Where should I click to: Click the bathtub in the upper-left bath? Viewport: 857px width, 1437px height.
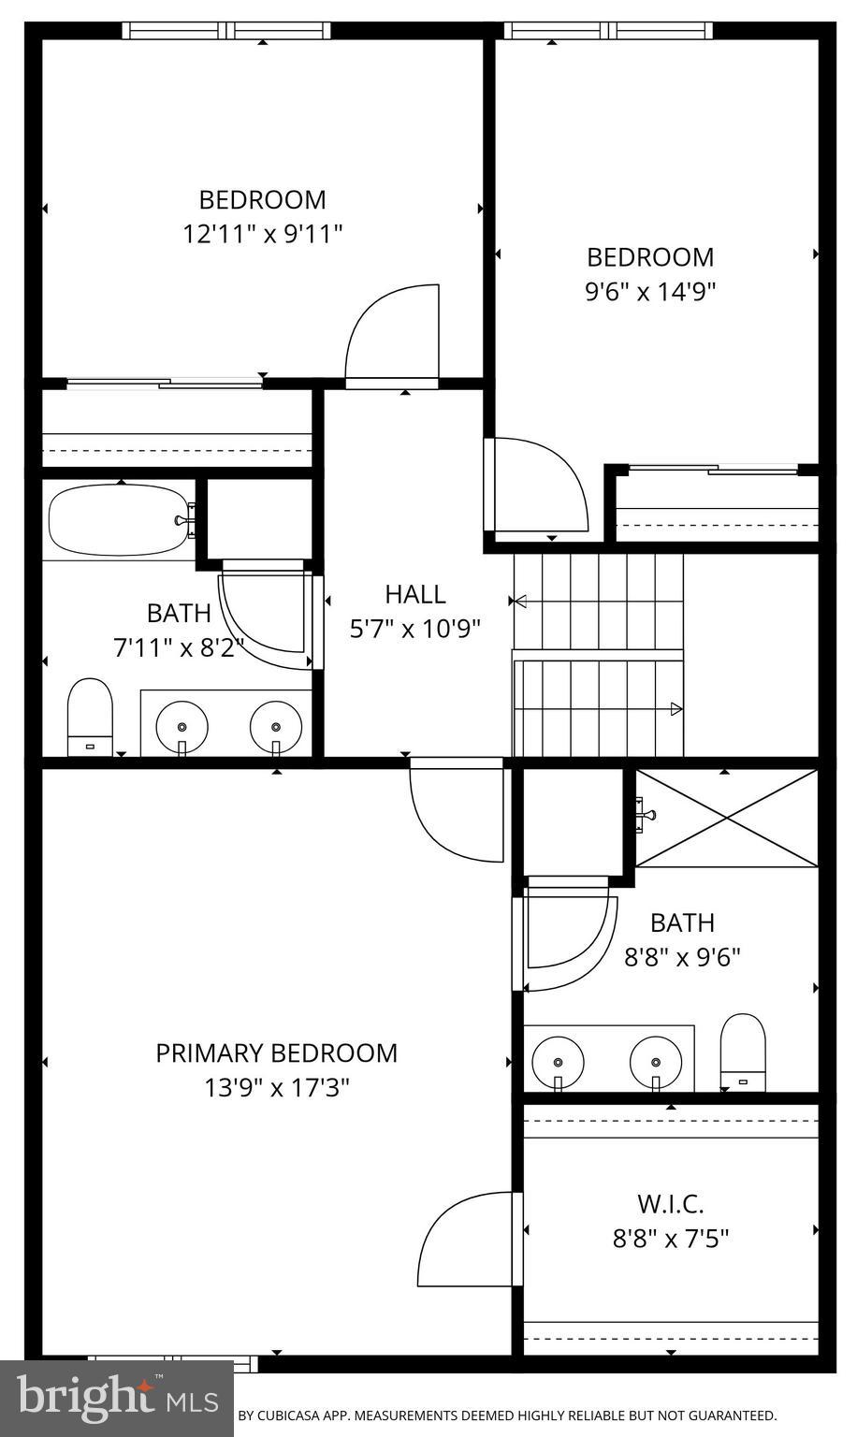click(117, 519)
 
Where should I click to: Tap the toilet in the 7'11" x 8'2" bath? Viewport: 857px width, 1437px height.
click(90, 717)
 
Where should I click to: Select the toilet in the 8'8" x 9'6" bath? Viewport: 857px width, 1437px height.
click(743, 1051)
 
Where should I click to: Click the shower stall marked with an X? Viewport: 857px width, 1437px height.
click(726, 818)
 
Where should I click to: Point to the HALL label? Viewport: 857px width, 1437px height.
click(415, 594)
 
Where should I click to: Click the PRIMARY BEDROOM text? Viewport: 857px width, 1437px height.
click(276, 1053)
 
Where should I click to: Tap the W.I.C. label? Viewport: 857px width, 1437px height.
click(670, 1203)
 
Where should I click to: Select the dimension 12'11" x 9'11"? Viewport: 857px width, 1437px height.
click(263, 234)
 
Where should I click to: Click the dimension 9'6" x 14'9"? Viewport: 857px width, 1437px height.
click(650, 292)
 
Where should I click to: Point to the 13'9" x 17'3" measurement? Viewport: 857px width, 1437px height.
click(276, 1088)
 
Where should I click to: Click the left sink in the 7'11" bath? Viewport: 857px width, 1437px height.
click(182, 725)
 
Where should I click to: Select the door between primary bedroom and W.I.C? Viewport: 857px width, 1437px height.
click(468, 1240)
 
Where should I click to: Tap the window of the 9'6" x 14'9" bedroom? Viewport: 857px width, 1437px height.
click(608, 31)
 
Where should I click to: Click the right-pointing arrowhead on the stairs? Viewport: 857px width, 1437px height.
click(675, 710)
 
